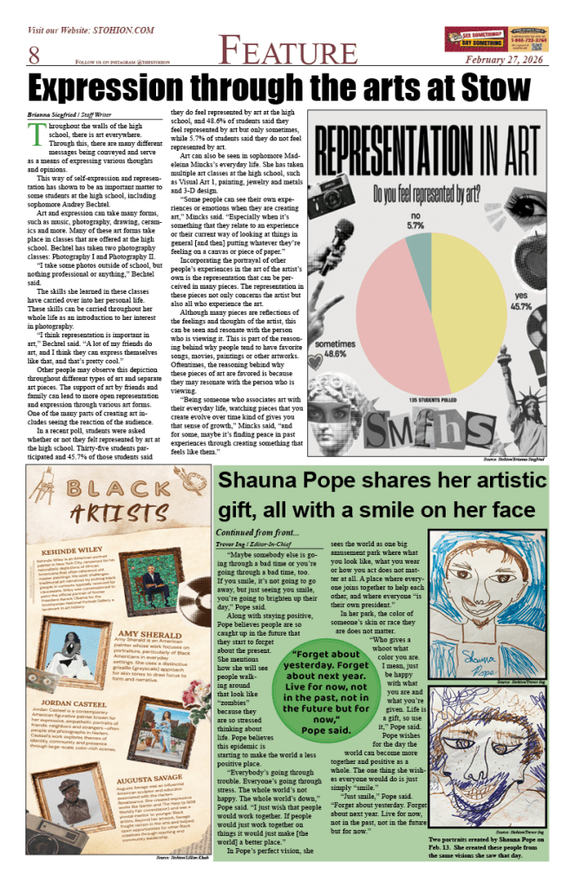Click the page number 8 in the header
pos(34,55)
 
